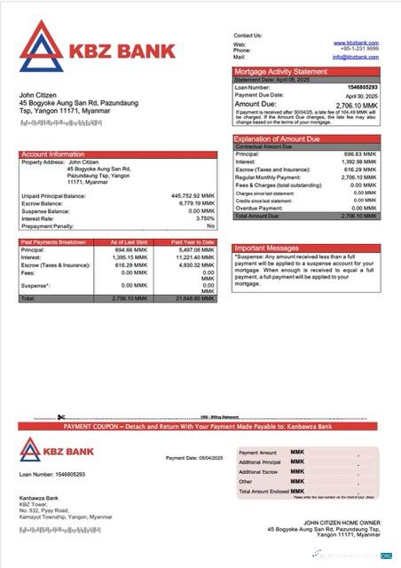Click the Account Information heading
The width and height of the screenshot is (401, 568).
click(54, 154)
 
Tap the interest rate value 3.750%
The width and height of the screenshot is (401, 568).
click(205, 217)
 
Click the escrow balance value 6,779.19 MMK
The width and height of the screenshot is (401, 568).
click(195, 202)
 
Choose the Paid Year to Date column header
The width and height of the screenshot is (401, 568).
click(193, 241)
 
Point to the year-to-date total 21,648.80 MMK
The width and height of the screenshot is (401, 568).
click(193, 298)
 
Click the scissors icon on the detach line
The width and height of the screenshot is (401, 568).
click(61, 417)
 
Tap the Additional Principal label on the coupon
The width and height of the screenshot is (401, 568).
click(259, 462)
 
